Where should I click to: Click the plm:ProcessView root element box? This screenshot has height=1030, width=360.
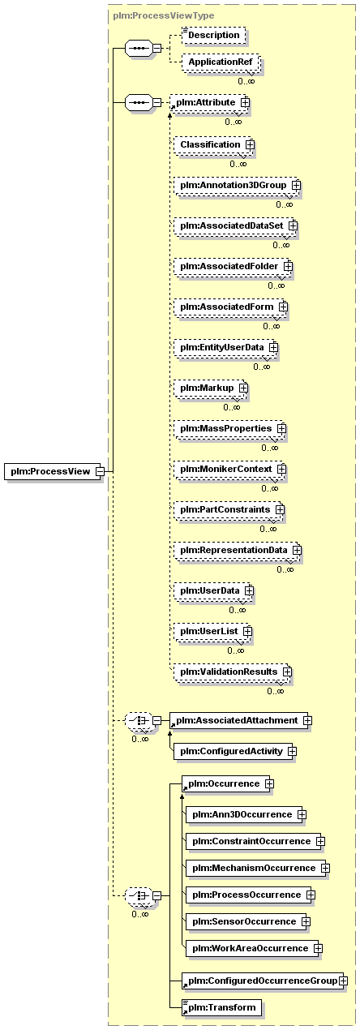click(x=54, y=471)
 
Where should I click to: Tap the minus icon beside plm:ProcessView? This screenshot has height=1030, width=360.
click(x=100, y=471)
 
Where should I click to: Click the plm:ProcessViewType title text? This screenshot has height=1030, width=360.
click(x=164, y=15)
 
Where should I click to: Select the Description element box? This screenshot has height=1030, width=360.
click(x=214, y=36)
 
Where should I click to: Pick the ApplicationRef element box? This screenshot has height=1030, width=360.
click(x=221, y=62)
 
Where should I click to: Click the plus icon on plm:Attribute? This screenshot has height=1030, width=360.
click(x=246, y=102)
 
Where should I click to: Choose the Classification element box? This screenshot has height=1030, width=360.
click(x=214, y=145)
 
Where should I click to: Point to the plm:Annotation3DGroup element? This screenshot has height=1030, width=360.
click(x=238, y=185)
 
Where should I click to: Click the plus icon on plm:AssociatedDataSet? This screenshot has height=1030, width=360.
click(x=293, y=225)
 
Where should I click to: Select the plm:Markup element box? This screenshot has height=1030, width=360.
click(x=211, y=388)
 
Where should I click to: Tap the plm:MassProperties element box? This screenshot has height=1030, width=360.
click(x=230, y=428)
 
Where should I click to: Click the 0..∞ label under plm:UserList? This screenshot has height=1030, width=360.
click(x=236, y=650)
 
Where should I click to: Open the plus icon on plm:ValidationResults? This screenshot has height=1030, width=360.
click(x=287, y=672)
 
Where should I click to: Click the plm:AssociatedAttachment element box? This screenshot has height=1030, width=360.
click(x=239, y=720)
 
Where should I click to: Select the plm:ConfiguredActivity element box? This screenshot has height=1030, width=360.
click(x=234, y=751)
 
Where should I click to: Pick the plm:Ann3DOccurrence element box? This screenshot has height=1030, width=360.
click(x=244, y=815)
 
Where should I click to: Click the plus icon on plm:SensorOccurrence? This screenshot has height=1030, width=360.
click(x=306, y=921)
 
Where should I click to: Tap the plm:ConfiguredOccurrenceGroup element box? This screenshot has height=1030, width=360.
click(x=263, y=981)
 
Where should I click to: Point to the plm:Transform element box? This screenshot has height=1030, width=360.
click(x=222, y=1007)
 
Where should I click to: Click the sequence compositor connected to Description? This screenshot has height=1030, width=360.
click(x=139, y=49)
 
